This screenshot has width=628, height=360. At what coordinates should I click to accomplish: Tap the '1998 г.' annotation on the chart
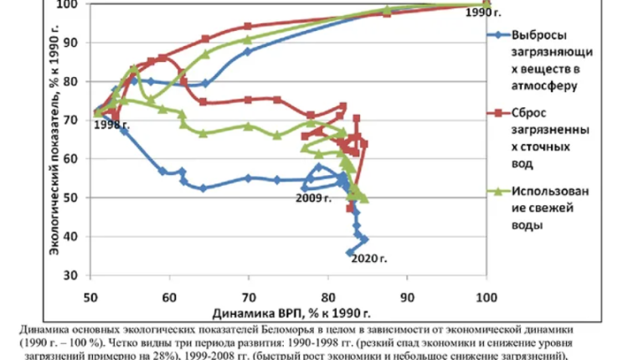coord(106,125)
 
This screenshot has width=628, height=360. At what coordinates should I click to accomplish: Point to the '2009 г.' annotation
coord(311,198)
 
